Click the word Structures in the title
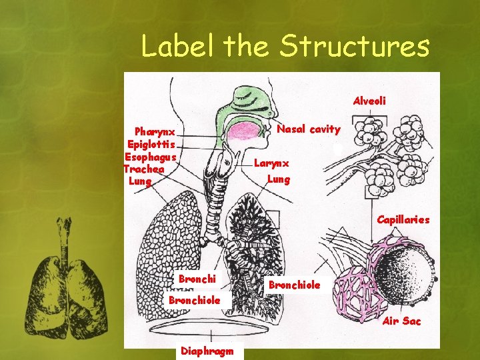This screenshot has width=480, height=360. (355, 47)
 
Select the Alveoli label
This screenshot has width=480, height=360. (369, 101)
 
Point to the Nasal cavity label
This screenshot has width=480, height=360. (308, 129)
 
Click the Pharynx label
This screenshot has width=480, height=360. (155, 132)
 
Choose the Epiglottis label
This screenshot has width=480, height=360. (151, 144)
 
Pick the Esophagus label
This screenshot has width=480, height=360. (150, 157)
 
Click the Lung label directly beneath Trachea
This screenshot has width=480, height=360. (140, 181)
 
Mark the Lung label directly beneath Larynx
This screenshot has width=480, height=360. (279, 179)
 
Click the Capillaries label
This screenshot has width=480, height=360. (403, 219)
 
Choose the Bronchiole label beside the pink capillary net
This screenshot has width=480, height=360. (294, 285)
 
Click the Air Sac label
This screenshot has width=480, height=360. (402, 321)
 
